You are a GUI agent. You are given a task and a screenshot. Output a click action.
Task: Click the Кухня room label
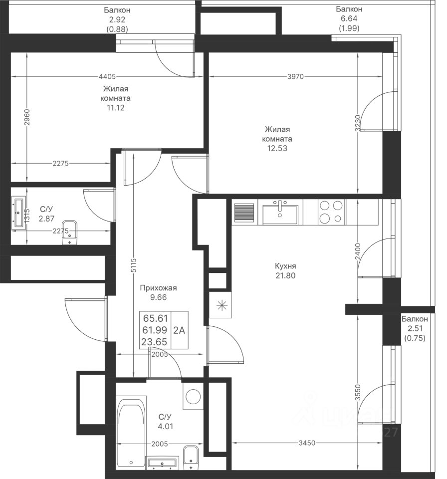285,266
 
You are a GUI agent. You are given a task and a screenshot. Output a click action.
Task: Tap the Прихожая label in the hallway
158,288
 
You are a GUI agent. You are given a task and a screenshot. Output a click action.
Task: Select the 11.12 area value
116,108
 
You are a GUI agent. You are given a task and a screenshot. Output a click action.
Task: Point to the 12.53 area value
277,148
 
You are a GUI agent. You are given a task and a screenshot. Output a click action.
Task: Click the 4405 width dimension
107,77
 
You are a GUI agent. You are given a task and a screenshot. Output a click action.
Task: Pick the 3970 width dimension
295,76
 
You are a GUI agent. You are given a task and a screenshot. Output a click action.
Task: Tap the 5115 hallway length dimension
134,265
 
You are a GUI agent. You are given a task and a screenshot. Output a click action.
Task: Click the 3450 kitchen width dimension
307,443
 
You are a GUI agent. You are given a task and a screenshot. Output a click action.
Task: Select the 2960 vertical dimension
27,117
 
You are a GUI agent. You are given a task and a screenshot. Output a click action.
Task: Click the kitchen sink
280,213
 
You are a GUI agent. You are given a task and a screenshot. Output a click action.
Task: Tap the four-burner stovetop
331,212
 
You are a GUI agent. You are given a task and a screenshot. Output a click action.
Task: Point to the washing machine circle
193,397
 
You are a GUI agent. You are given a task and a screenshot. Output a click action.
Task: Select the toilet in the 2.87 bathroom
70,232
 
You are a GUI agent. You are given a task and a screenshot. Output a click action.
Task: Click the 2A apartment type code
180,330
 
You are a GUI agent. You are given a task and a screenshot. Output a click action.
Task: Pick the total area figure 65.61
156,318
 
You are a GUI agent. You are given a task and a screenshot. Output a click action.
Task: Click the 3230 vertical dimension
358,123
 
